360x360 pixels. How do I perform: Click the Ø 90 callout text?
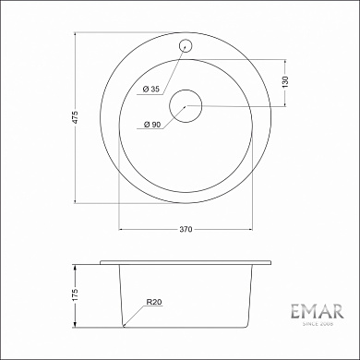tap(152, 123)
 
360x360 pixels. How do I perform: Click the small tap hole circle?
tap(185, 43)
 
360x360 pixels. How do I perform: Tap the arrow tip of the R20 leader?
tap(124, 326)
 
